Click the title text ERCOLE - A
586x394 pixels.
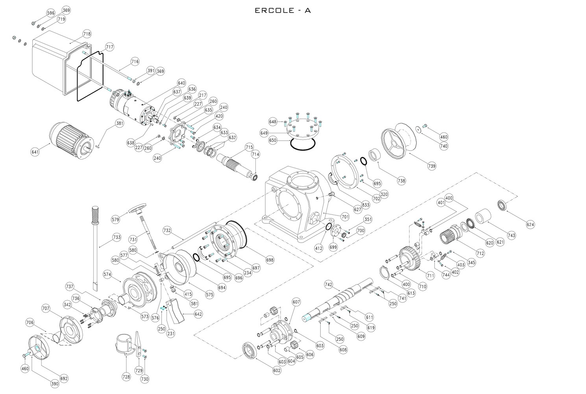[283, 11]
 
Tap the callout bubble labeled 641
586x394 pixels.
[35, 152]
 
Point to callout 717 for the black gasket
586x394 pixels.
[109, 47]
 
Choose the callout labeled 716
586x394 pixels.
[135, 61]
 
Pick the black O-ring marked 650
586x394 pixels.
[303, 144]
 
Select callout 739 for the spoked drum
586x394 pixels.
[432, 166]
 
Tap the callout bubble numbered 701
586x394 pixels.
[345, 216]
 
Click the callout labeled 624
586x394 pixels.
[531, 225]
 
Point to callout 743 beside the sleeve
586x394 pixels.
[511, 235]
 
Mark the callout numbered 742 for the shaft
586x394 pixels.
[329, 284]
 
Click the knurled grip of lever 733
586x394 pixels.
[95, 215]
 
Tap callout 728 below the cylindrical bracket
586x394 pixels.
[126, 377]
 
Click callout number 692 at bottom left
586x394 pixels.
[64, 379]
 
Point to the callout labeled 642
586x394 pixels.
[198, 314]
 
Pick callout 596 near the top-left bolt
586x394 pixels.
[51, 13]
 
